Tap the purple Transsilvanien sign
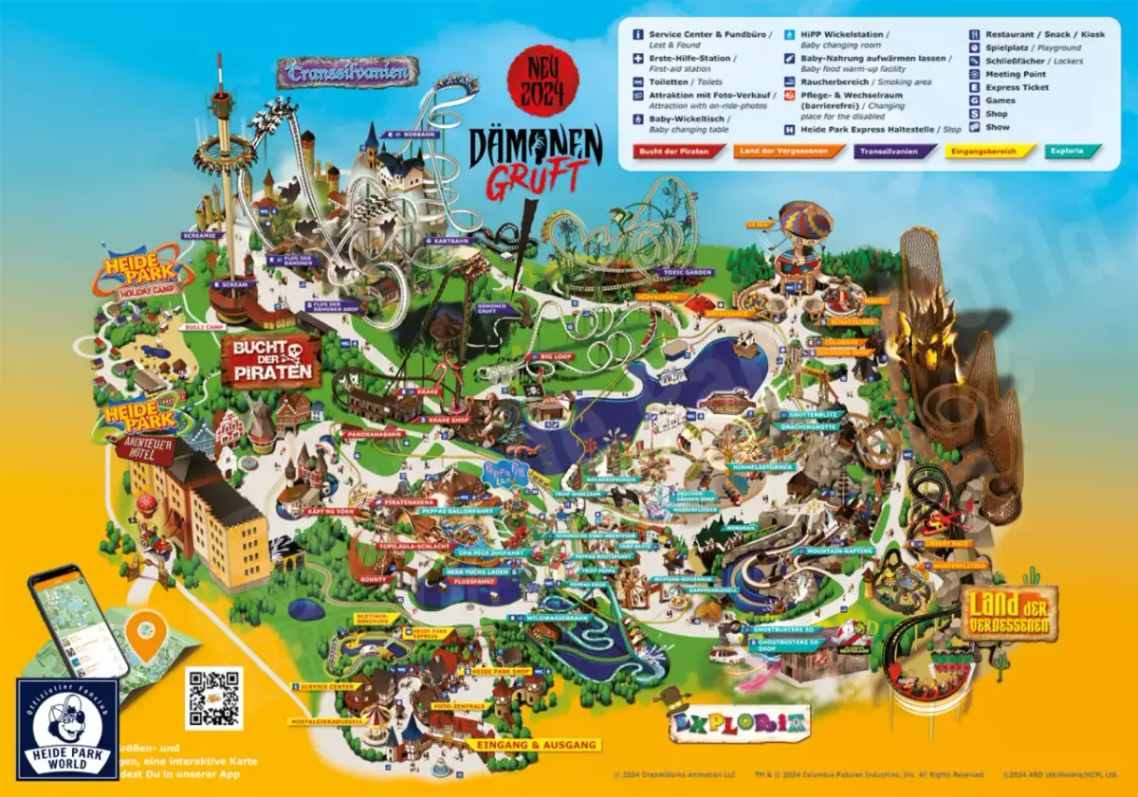(x=347, y=71)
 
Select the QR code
(x=213, y=697)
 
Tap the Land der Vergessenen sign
(x=1009, y=612)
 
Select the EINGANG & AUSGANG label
(x=537, y=746)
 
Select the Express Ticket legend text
(x=1017, y=87)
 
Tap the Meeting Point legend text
(x=1016, y=74)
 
